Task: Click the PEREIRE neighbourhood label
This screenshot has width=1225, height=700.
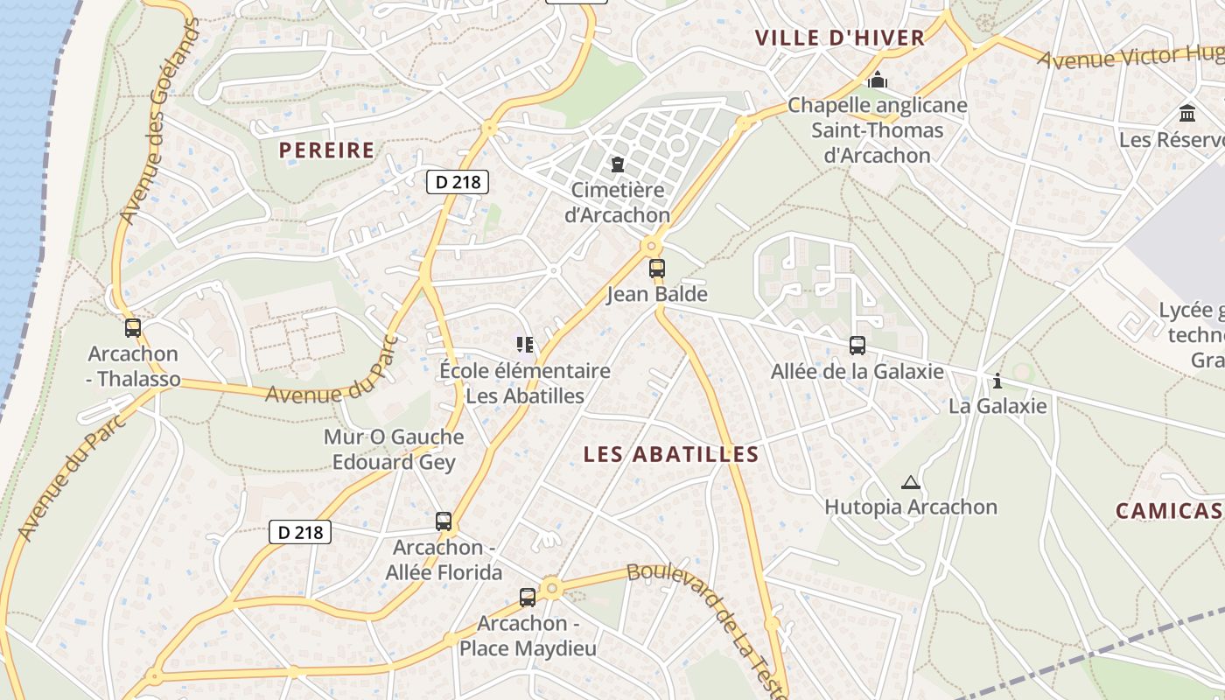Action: click(x=326, y=150)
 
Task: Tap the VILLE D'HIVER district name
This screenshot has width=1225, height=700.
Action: click(x=840, y=38)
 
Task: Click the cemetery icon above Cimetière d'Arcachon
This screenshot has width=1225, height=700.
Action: click(x=618, y=164)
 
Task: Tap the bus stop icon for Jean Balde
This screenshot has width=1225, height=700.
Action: click(x=657, y=269)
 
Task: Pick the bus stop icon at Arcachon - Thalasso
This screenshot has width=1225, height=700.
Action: click(x=133, y=328)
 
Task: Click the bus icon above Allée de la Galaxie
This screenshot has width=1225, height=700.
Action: click(x=857, y=346)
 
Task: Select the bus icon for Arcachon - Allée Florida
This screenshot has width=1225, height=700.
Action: click(x=444, y=521)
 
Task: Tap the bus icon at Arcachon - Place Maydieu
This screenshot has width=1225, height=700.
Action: click(x=528, y=598)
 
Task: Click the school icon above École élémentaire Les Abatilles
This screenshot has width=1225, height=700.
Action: click(x=525, y=345)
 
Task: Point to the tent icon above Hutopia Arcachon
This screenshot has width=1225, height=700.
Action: click(x=911, y=482)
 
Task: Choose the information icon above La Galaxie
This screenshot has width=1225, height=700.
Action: click(x=997, y=381)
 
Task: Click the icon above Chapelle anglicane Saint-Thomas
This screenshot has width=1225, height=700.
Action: click(x=878, y=80)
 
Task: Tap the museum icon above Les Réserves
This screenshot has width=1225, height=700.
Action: click(x=1187, y=114)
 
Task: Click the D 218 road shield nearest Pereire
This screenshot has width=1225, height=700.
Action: click(x=457, y=182)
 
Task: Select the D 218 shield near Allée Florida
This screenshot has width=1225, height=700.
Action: click(x=300, y=532)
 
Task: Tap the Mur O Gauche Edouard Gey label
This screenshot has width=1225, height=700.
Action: click(x=394, y=449)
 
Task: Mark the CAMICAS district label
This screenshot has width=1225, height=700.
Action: click(x=1169, y=511)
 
